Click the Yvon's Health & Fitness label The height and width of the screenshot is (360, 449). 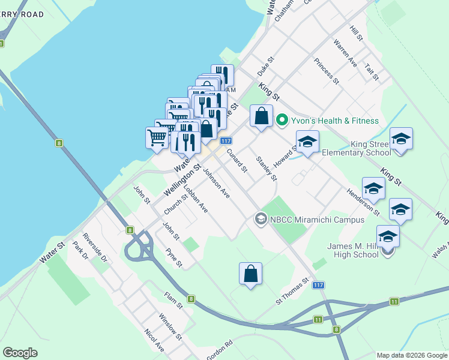(x=335, y=121)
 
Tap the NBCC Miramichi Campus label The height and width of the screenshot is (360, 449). (x=317, y=220)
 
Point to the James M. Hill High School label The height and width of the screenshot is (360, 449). (x=352, y=250)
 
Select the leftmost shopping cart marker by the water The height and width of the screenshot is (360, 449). (x=157, y=137)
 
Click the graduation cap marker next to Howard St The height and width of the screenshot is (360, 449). (x=307, y=142)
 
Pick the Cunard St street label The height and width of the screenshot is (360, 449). (x=237, y=161)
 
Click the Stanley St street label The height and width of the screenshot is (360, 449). (x=267, y=168)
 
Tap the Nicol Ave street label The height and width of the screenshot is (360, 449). (x=154, y=340)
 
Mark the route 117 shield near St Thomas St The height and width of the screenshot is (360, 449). (x=319, y=285)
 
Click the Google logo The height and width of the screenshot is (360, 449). (x=20, y=353)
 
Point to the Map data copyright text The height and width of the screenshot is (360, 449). (x=412, y=355)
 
